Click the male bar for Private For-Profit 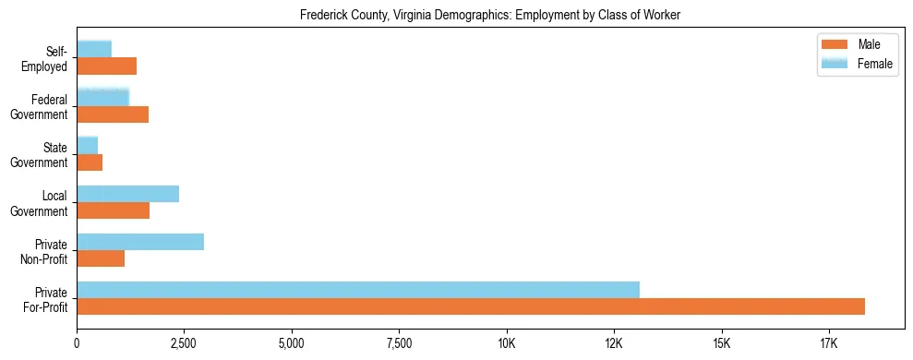pyautogui.click(x=471, y=306)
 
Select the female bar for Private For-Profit pyautogui.click(x=358, y=290)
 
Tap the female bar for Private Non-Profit pyautogui.click(x=140, y=242)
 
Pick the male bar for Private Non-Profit pyautogui.click(x=101, y=258)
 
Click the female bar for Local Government pyautogui.click(x=128, y=194)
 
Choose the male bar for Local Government pyautogui.click(x=114, y=210)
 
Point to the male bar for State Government pyautogui.click(x=90, y=162)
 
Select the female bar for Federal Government pyautogui.click(x=103, y=97)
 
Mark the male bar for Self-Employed pyautogui.click(x=107, y=66)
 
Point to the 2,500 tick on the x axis pyautogui.click(x=184, y=343)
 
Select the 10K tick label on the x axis pyautogui.click(x=507, y=343)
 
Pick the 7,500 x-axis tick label pyautogui.click(x=399, y=343)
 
